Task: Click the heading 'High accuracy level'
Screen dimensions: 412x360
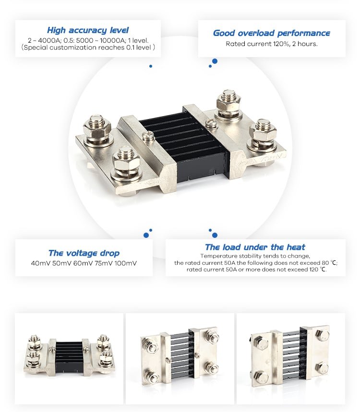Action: [x=88, y=30]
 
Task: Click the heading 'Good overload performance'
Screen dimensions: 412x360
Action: [x=271, y=33]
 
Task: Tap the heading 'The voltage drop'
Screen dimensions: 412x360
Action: [x=84, y=253]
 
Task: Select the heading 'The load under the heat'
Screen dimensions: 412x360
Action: [x=255, y=247]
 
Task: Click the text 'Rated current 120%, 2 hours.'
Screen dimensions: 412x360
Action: [x=272, y=44]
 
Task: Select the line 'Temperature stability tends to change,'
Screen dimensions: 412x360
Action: [x=255, y=256]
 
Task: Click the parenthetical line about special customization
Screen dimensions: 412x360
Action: [x=88, y=47]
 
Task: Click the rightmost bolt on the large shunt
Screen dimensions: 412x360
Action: [x=263, y=132]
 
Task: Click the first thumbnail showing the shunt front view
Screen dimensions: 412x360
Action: [x=69, y=355]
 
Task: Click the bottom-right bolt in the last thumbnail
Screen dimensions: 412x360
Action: [x=323, y=368]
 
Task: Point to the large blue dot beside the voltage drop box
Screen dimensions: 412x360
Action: [x=146, y=235]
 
